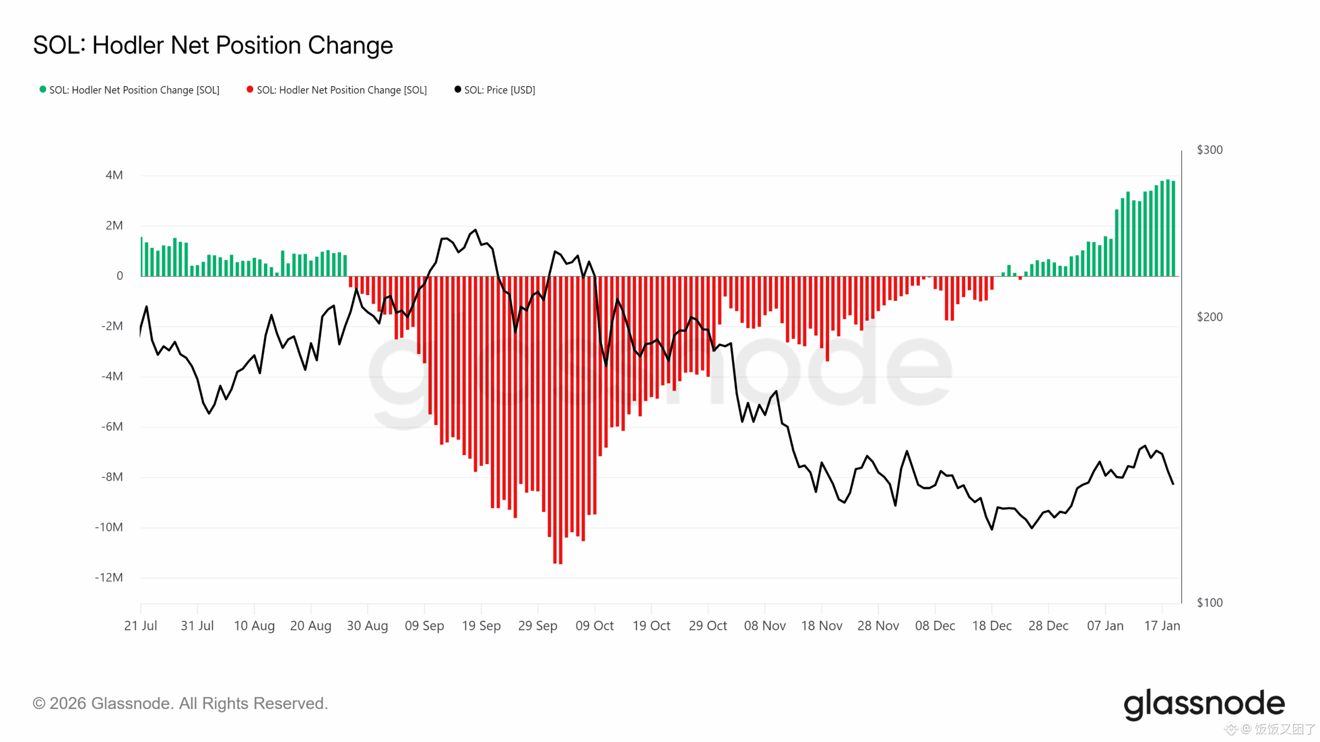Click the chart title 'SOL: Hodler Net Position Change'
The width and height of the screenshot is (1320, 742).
pos(213,45)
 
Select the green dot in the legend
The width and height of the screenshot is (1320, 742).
pos(43,89)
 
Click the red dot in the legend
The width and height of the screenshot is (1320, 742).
pos(250,89)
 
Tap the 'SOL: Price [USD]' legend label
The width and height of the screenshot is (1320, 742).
pos(499,90)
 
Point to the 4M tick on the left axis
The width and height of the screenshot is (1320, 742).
pos(114,175)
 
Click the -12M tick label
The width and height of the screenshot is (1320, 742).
pos(109,577)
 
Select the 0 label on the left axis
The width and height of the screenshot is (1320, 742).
pos(120,276)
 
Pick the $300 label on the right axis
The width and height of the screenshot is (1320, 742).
pos(1209,150)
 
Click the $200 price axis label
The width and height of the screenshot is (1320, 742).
pos(1209,317)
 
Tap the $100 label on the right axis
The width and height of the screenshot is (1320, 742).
pos(1209,602)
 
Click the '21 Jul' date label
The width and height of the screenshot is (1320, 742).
pos(140,626)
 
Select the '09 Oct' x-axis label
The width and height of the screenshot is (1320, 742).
pos(595,626)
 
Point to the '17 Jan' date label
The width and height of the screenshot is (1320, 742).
pos(1162,626)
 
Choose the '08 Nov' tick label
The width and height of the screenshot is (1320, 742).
pos(765,626)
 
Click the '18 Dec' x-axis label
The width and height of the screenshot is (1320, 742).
pos(992,626)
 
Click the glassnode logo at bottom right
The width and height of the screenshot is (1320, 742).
pos(1204,704)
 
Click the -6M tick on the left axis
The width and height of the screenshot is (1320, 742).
pos(112,427)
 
